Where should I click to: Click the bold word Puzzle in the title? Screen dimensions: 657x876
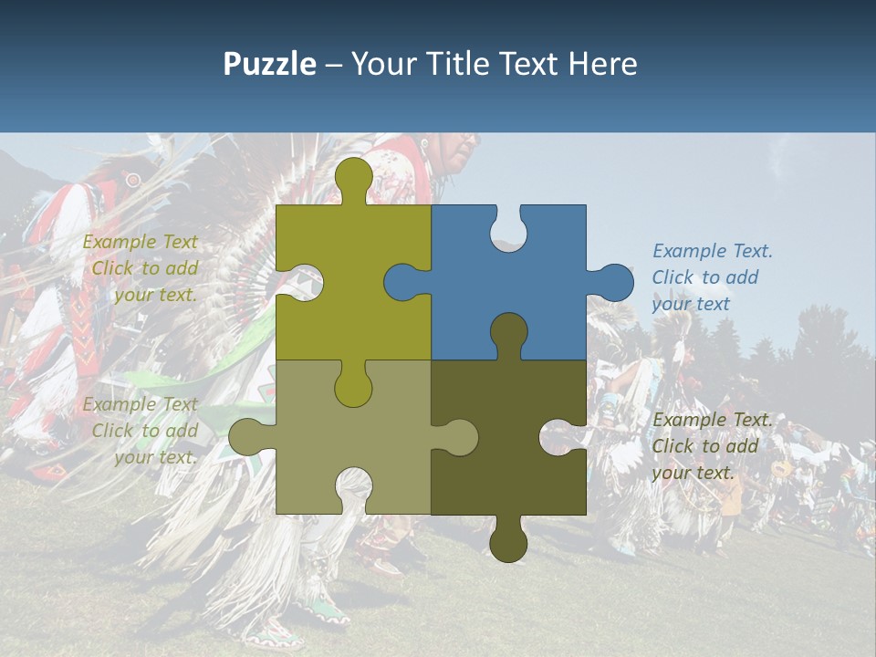269,64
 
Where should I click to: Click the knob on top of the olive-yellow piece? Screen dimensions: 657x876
353,176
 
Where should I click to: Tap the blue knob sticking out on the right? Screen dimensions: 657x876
613,282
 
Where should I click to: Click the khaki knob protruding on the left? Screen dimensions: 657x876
247,437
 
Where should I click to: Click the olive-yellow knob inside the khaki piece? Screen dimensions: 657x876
353,387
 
